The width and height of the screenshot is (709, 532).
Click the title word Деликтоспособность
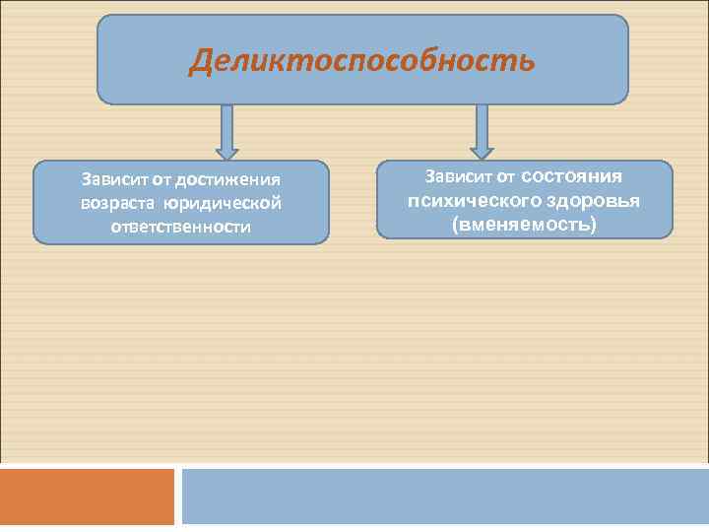pyautogui.click(x=362, y=61)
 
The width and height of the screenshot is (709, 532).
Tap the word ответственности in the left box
pyautogui.click(x=180, y=227)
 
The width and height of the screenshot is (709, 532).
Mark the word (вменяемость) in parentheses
pyautogui.click(x=524, y=225)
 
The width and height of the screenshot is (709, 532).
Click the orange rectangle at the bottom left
pyautogui.click(x=87, y=497)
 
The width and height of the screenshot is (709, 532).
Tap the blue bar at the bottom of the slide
pyautogui.click(x=445, y=497)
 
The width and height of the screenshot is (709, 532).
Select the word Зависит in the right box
pyautogui.click(x=458, y=176)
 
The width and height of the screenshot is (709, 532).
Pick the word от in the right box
pyautogui.click(x=505, y=176)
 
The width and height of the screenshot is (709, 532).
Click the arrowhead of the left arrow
pyautogui.click(x=227, y=153)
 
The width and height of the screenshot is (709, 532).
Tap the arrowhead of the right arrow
pyautogui.click(x=482, y=153)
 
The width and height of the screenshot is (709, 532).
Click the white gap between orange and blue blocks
pyautogui.click(x=178, y=497)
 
